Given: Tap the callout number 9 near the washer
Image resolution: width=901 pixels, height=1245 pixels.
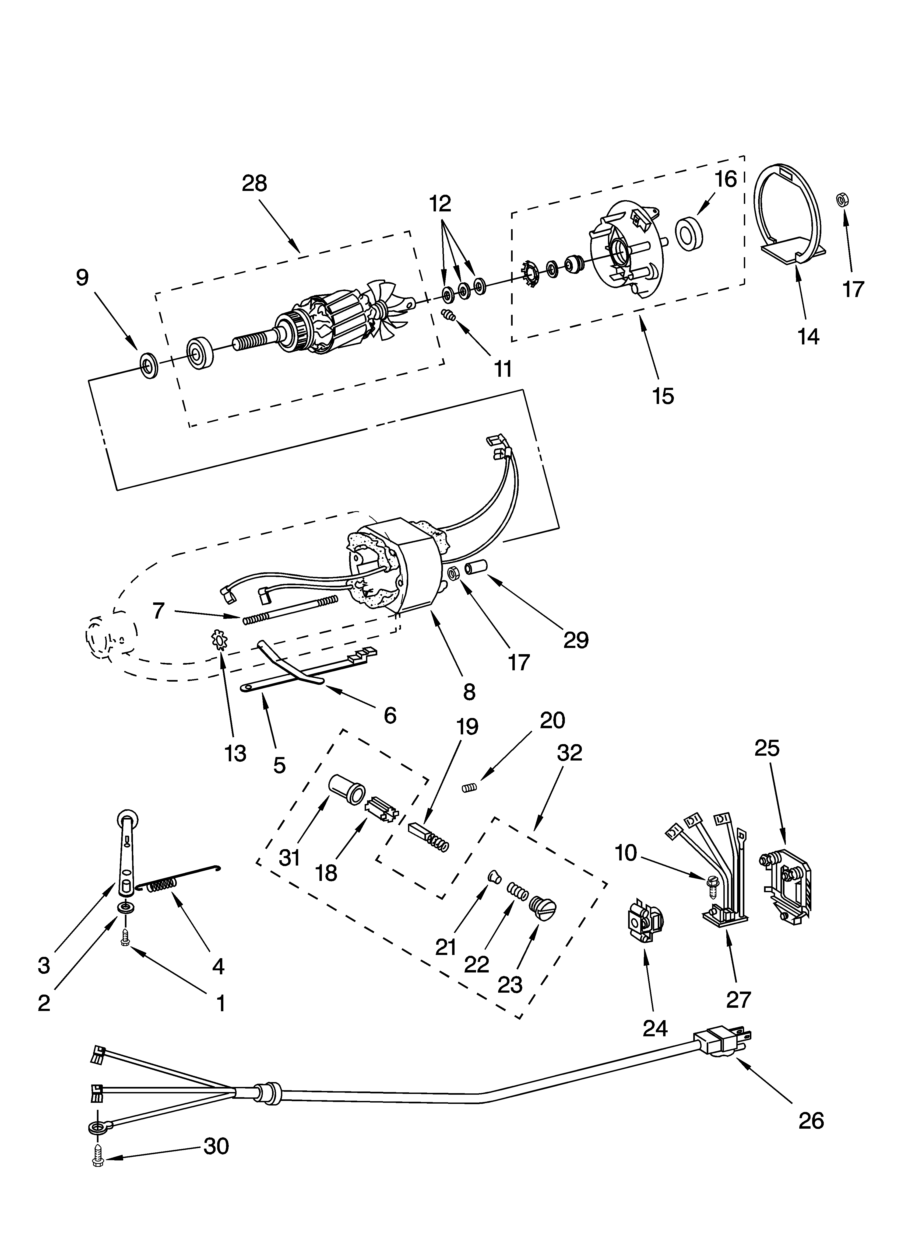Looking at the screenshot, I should tap(82, 278).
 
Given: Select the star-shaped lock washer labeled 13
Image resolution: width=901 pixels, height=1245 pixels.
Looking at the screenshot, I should tap(220, 640).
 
